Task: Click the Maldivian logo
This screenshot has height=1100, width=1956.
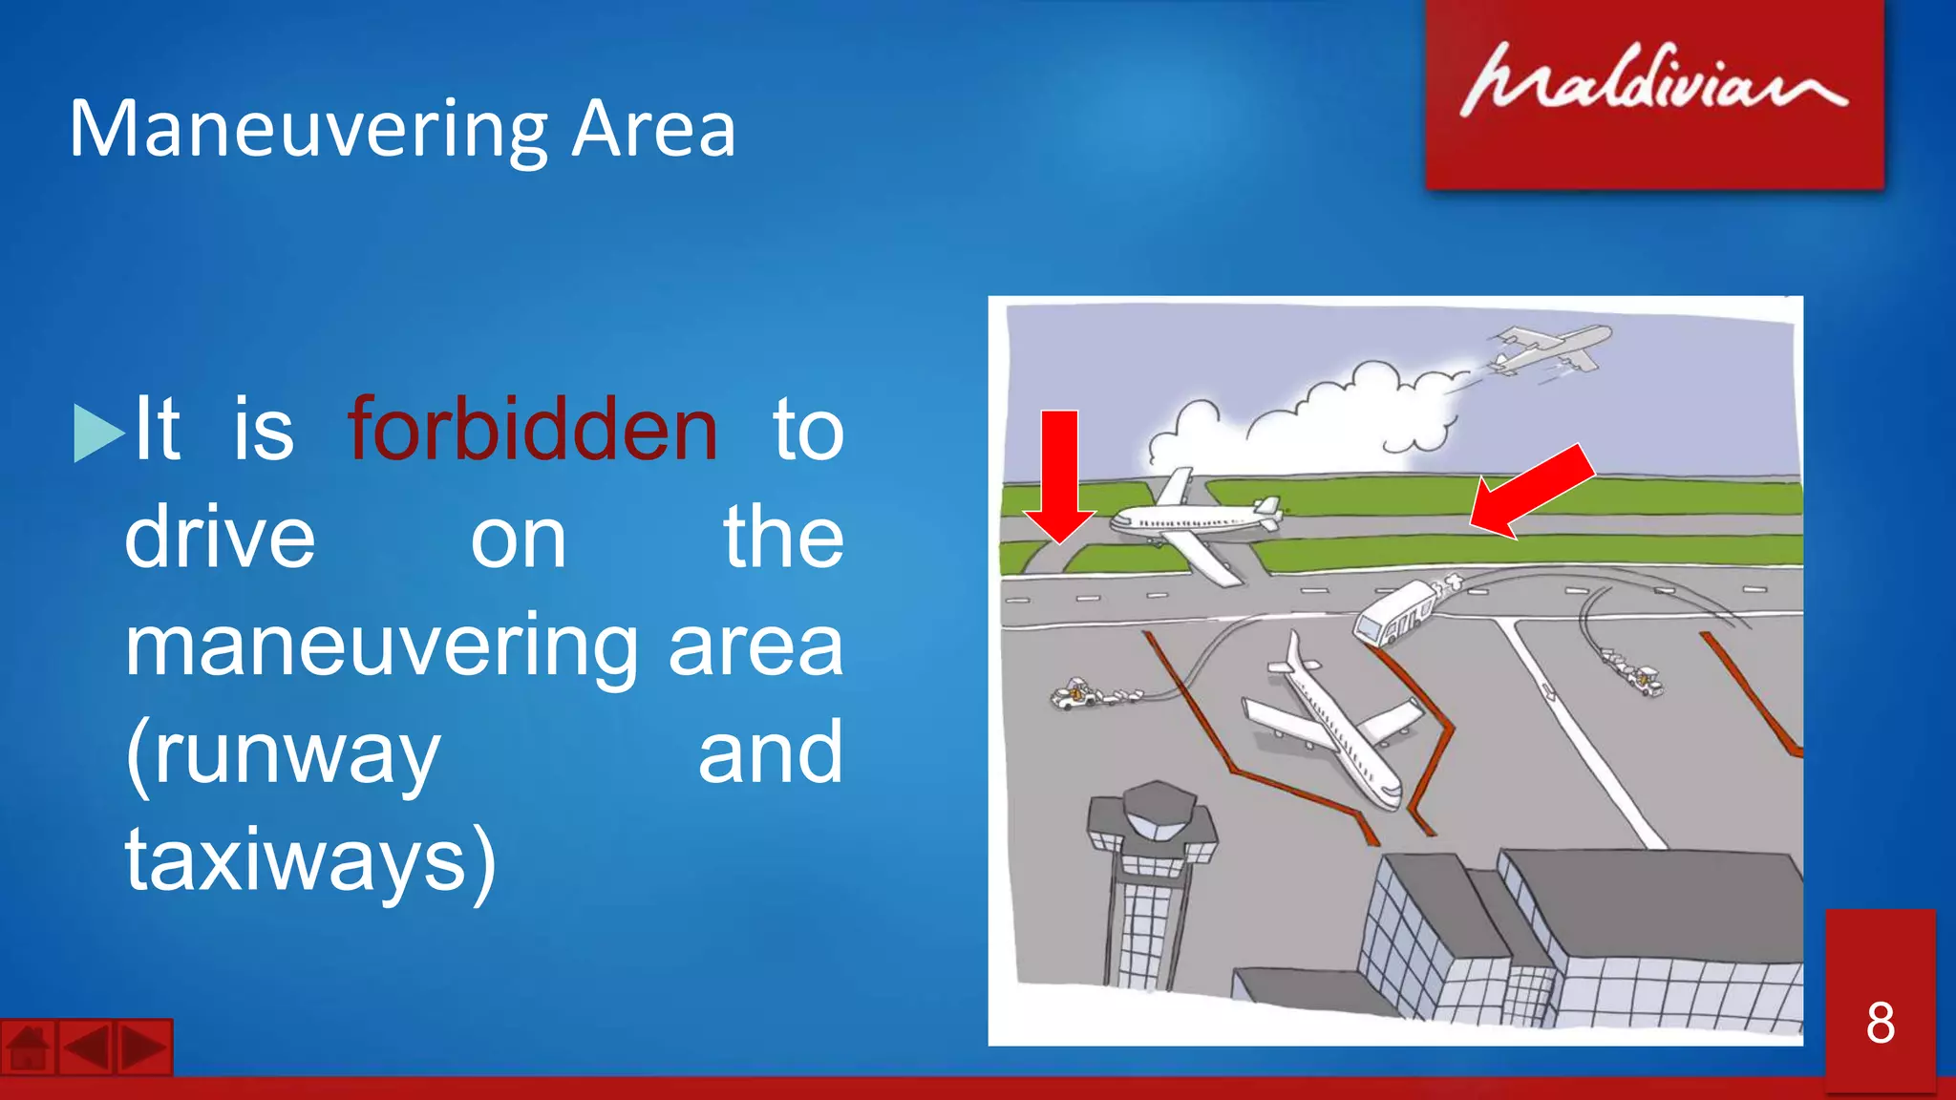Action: (x=1653, y=81)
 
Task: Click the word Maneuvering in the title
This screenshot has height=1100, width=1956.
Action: (x=308, y=130)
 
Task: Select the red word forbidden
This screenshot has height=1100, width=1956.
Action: (x=532, y=431)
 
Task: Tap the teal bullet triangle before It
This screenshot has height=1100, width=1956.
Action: (x=97, y=434)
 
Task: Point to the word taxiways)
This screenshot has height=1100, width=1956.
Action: (x=310, y=860)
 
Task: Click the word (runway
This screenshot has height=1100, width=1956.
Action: (x=283, y=753)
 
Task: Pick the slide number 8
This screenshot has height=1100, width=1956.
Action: (x=1880, y=1023)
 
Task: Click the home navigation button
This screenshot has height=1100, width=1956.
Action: (x=28, y=1048)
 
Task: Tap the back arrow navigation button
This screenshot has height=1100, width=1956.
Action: (x=87, y=1048)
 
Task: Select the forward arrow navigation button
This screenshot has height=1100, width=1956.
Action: (x=144, y=1048)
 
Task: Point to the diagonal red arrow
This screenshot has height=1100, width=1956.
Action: (x=1531, y=491)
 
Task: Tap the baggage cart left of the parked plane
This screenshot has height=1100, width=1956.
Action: (x=1084, y=694)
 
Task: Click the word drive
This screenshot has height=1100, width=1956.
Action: (x=220, y=539)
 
